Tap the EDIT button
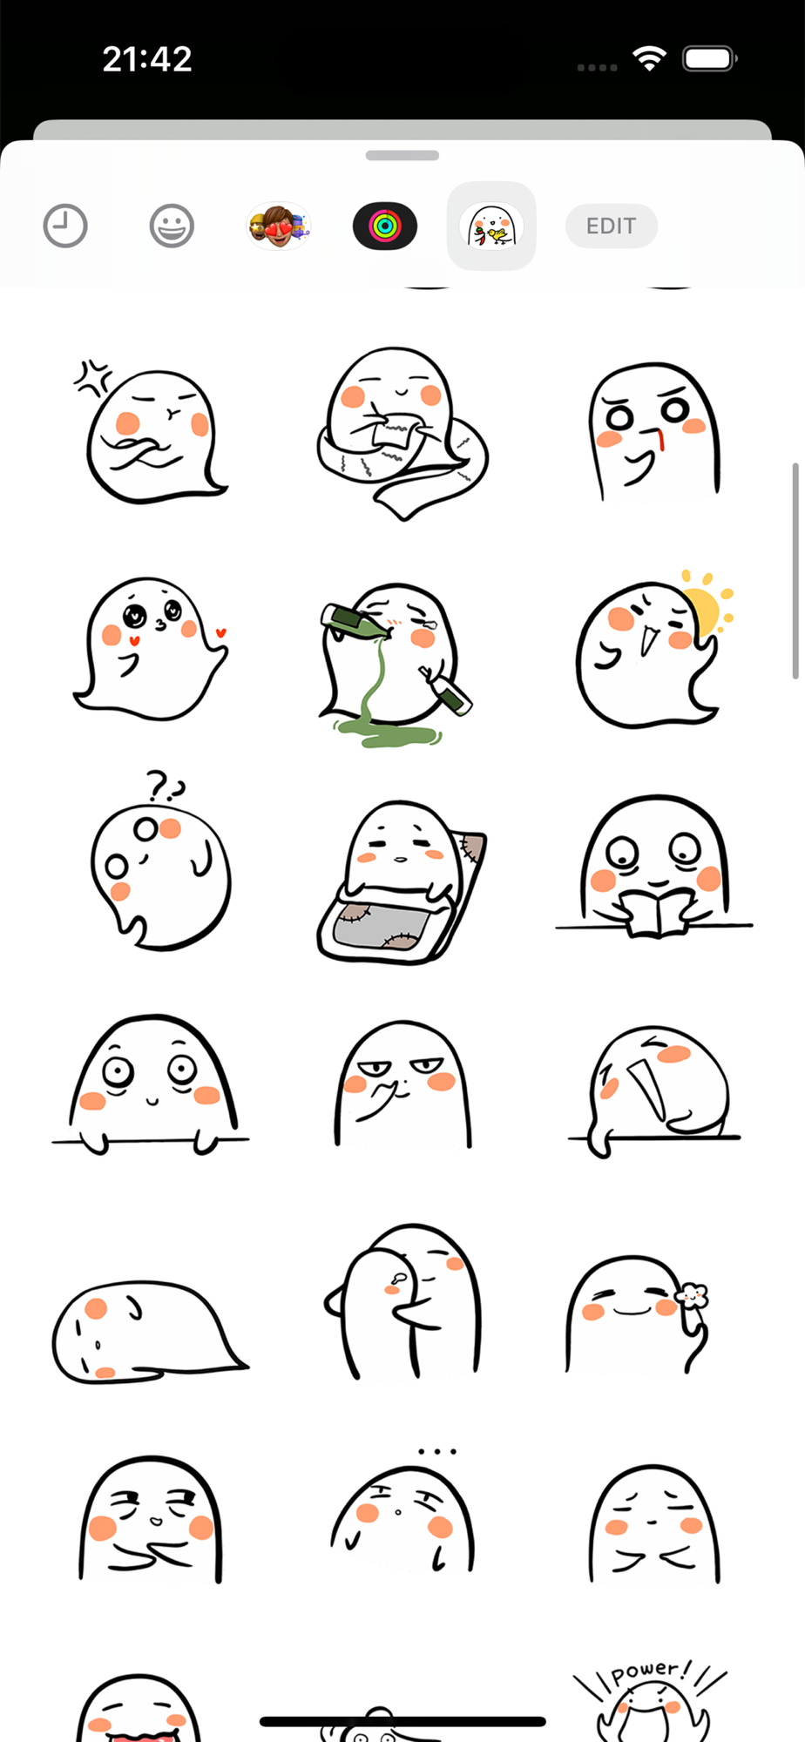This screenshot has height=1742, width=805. pos(611,226)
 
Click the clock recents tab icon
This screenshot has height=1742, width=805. pos(65,226)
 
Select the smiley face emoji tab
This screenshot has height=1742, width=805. pos(172,226)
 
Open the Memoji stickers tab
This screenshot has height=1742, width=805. pos(279,226)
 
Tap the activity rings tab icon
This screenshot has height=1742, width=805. pos(385,226)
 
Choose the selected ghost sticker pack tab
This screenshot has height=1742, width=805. pos(491,226)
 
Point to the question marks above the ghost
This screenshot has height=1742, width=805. pos(165,786)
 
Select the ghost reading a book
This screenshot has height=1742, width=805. pos(654,867)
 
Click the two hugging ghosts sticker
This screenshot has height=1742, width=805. pos(403,1301)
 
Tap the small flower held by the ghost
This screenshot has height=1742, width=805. pos(693,1297)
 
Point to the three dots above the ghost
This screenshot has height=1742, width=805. pos(437,1452)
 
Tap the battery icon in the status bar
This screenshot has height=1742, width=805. pos(710,58)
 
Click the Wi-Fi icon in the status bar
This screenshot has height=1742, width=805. pos(649,58)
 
